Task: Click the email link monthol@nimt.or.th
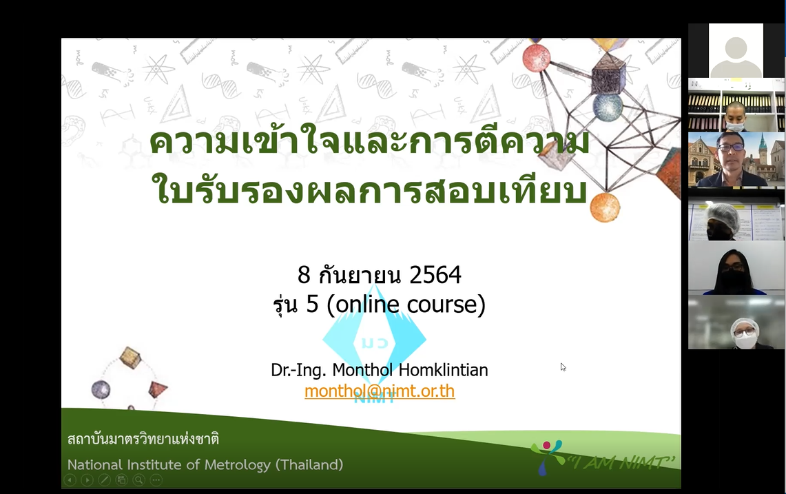click(x=380, y=391)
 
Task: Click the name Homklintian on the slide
click(x=443, y=370)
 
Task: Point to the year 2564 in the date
click(x=435, y=275)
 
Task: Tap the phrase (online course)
click(x=406, y=304)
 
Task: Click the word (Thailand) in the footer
click(x=309, y=465)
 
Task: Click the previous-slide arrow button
click(x=70, y=480)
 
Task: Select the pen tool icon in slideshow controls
click(x=104, y=480)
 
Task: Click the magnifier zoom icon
click(x=139, y=480)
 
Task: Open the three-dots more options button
click(x=156, y=480)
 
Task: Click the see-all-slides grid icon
click(x=122, y=480)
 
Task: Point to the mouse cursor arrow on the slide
click(x=563, y=367)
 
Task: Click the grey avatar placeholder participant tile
click(x=736, y=51)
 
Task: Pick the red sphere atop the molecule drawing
click(x=537, y=58)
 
